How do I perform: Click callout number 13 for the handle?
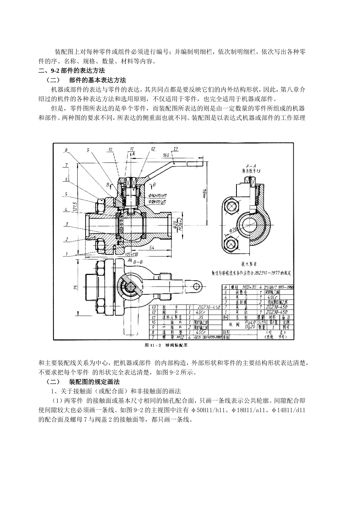pos(175,149)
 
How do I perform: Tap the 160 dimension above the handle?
pos(166,155)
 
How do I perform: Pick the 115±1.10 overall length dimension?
pos(131,254)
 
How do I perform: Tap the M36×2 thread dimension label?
pos(181,222)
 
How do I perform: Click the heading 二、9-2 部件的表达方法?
pos(72,70)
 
